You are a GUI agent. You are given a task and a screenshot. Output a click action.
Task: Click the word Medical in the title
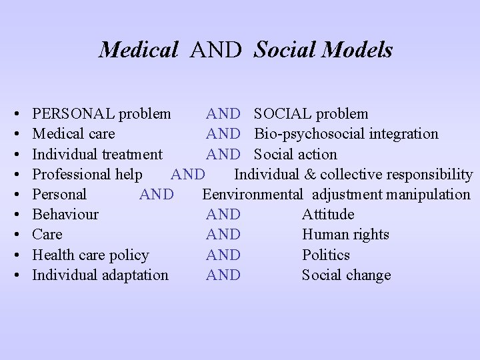[138, 49]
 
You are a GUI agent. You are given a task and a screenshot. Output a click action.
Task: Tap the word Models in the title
[361, 49]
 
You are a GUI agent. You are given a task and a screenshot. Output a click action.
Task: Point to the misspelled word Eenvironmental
[253, 194]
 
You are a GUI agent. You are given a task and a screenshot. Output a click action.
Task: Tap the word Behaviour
[65, 214]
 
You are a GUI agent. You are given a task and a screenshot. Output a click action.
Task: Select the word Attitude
[328, 214]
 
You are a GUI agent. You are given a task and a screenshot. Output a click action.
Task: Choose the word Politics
[325, 255]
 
